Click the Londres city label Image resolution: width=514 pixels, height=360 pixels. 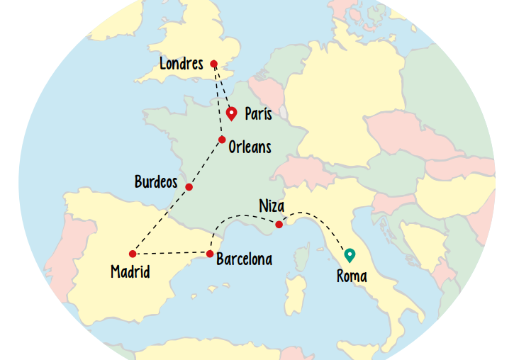click(x=181, y=64)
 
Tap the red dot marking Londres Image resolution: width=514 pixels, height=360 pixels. click(x=213, y=64)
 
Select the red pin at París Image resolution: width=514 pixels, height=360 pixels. click(x=231, y=113)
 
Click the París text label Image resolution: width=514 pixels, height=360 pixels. click(x=258, y=113)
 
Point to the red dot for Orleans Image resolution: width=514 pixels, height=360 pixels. click(x=222, y=140)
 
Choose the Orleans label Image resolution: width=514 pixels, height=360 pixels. click(x=250, y=147)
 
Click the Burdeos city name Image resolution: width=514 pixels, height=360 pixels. click(x=156, y=182)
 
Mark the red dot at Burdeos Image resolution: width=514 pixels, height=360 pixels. click(x=189, y=187)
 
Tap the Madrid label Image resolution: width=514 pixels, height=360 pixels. click(x=130, y=271)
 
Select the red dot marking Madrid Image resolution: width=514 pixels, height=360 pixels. click(x=133, y=254)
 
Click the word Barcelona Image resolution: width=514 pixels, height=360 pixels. click(x=244, y=259)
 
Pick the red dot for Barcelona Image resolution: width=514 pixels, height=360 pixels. click(x=210, y=254)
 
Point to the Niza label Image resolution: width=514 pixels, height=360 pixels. click(x=272, y=206)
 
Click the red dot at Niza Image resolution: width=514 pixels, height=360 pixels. click(x=279, y=225)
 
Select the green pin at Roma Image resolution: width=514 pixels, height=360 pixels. click(x=349, y=254)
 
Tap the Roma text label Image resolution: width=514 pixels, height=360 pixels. click(x=352, y=276)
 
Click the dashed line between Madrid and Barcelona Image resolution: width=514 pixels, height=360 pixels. click(x=170, y=253)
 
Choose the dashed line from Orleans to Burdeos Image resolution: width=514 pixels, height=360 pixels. click(x=206, y=162)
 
